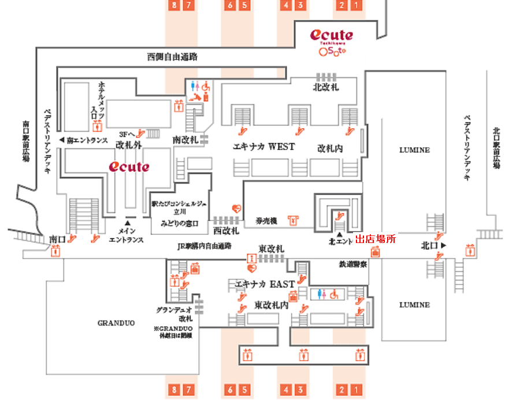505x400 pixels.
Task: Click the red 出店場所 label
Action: point(376,239)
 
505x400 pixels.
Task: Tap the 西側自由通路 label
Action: point(172,57)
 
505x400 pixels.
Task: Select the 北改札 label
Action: point(327,87)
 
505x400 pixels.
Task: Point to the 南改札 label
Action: point(185,140)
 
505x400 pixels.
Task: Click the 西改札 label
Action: point(226,230)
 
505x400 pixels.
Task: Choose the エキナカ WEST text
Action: point(263,147)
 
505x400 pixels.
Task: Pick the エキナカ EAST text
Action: point(265,284)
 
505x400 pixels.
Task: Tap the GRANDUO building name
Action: point(116,323)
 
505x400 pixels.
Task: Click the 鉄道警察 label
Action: point(354,264)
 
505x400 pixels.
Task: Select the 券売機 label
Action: point(267,220)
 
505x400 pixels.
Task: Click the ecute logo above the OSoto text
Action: point(331,35)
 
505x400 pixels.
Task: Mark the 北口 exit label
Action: point(430,245)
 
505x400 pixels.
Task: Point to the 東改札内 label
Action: point(271,305)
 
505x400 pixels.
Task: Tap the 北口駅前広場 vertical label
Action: point(496,147)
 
